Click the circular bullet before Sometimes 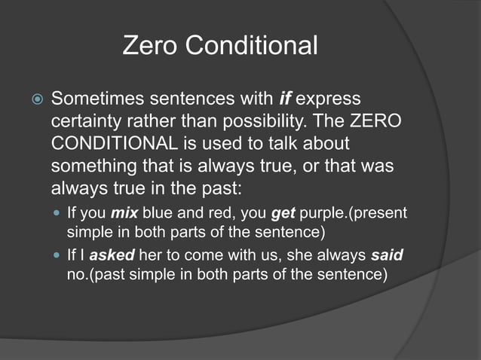tap(35, 99)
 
